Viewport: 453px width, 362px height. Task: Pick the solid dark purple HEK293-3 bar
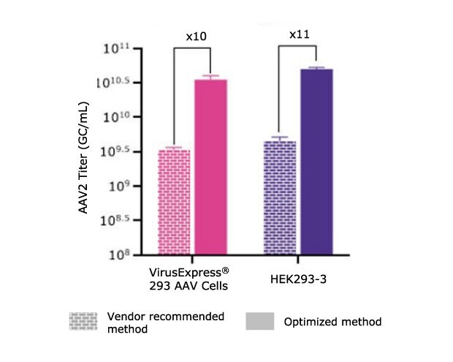(x=316, y=161)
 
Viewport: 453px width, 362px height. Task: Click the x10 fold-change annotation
(x=192, y=36)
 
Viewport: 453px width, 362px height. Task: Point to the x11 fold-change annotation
(x=299, y=34)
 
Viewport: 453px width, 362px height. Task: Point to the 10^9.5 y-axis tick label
(x=113, y=151)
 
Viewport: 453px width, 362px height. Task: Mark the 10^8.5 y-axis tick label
(x=113, y=219)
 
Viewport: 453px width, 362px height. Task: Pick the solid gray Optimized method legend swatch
(x=259, y=321)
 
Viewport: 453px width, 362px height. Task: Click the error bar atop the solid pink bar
(x=210, y=76)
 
